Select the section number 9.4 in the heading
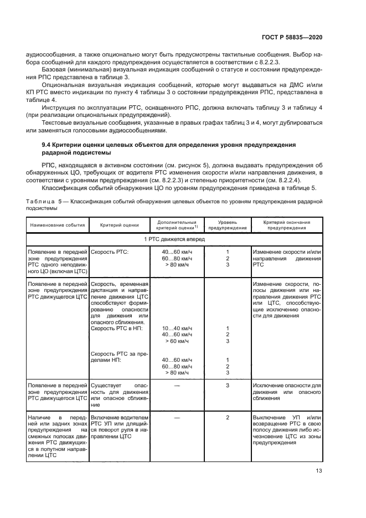(40, 144)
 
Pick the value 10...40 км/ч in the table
(174, 328)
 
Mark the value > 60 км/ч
(174, 341)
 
